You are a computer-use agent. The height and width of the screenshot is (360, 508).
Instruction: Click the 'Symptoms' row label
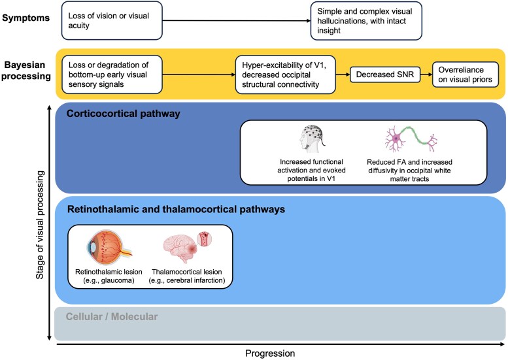click(26, 18)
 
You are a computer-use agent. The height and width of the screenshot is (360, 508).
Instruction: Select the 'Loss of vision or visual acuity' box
click(112, 20)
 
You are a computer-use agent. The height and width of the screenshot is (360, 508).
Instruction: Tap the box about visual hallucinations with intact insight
click(366, 21)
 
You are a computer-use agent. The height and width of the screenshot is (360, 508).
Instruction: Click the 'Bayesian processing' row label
click(26, 71)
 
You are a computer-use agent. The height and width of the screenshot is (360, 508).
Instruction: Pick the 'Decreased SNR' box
click(385, 74)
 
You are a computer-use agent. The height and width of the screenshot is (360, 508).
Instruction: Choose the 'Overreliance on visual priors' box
click(466, 74)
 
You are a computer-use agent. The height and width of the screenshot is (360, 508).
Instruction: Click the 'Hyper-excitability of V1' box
click(286, 74)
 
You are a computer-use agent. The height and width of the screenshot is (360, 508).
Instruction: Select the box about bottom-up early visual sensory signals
click(112, 74)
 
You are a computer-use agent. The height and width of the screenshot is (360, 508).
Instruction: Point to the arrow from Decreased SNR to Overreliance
click(426, 74)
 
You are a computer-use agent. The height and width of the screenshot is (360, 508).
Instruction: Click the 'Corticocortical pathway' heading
click(123, 114)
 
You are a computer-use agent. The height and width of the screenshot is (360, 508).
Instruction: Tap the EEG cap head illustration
click(312, 139)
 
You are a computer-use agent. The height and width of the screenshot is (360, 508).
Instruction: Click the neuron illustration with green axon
click(411, 139)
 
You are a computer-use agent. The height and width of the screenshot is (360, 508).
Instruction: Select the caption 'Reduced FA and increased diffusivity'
click(409, 171)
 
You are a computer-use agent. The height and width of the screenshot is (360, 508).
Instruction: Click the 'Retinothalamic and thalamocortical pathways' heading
click(176, 209)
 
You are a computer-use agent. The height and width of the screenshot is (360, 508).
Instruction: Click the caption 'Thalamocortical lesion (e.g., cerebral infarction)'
click(187, 276)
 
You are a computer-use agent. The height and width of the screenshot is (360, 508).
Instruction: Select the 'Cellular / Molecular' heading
click(112, 316)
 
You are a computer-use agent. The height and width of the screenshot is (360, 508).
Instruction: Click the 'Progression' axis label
click(270, 353)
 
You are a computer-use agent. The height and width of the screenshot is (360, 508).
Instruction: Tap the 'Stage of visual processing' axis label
click(40, 225)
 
